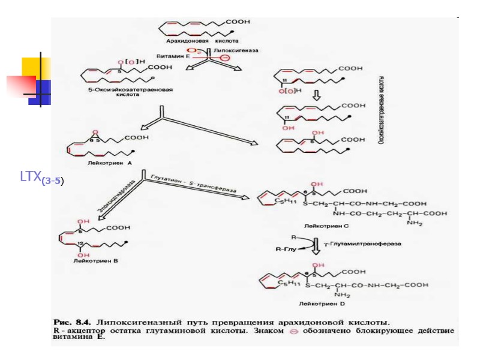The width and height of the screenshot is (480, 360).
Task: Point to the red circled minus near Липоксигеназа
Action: (x=224, y=58)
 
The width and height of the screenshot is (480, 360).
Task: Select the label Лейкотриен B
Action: (x=95, y=262)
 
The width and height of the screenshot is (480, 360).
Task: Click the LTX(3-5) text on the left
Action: (x=41, y=178)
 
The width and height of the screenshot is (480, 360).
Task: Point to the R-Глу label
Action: (x=285, y=247)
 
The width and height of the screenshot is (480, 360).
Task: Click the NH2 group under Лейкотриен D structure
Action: (x=343, y=295)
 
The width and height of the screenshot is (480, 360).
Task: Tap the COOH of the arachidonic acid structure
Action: (x=238, y=22)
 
